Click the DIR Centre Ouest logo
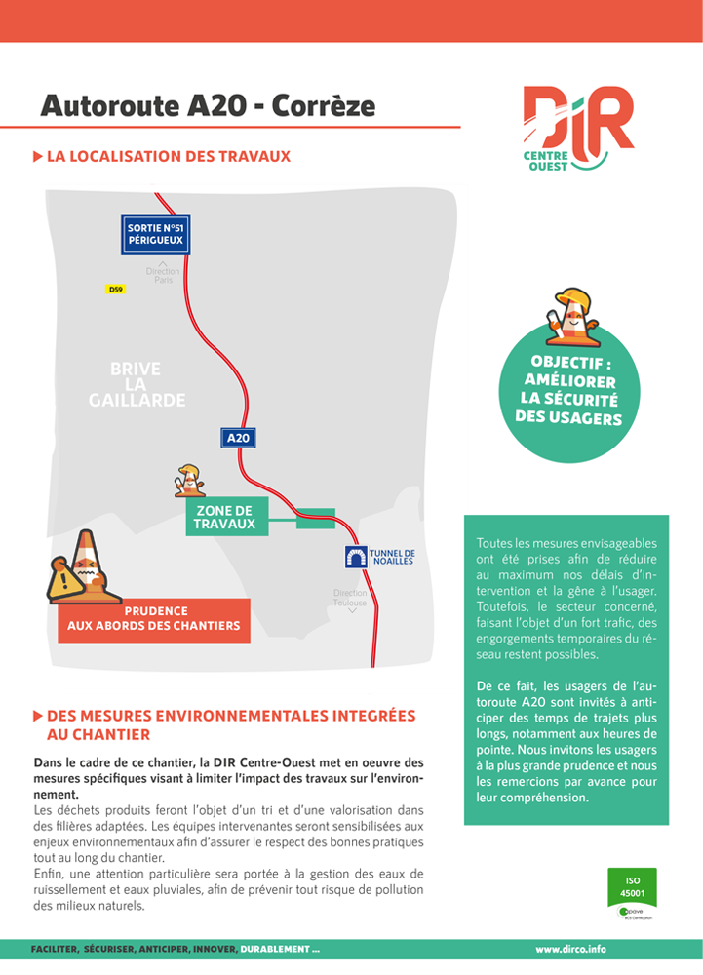coord(576,128)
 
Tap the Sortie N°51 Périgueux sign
coord(156,234)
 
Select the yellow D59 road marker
coord(116,290)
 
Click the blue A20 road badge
coord(239,439)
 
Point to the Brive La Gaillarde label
coord(137,384)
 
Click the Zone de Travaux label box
coord(224,518)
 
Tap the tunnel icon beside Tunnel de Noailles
coord(355,557)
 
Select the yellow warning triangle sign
coord(66,581)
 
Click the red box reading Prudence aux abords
coord(154,619)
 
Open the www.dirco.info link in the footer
coord(570,949)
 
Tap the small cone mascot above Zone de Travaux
coord(188,480)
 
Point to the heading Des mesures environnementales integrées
coord(230,716)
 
